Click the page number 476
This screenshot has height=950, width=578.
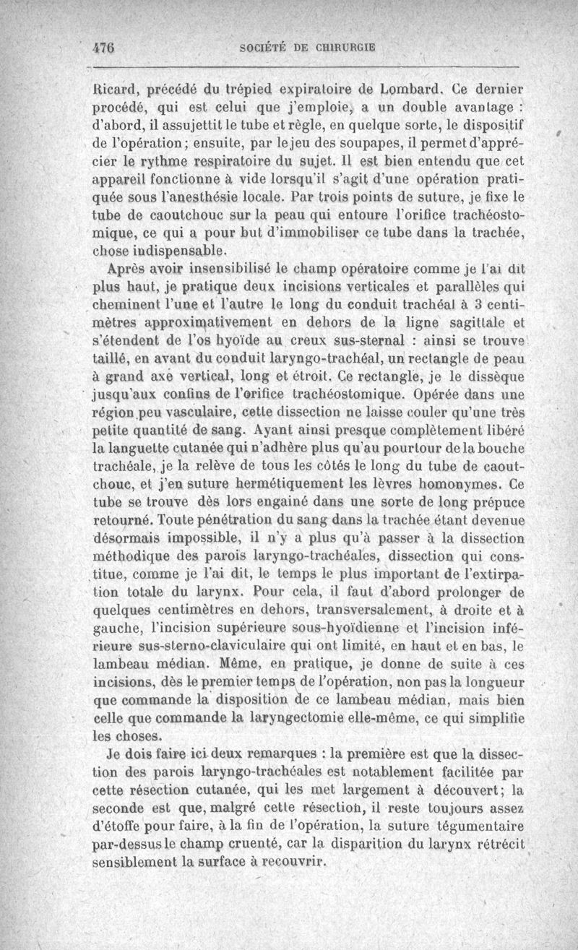[105, 49]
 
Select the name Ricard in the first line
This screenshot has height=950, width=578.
[116, 91]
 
